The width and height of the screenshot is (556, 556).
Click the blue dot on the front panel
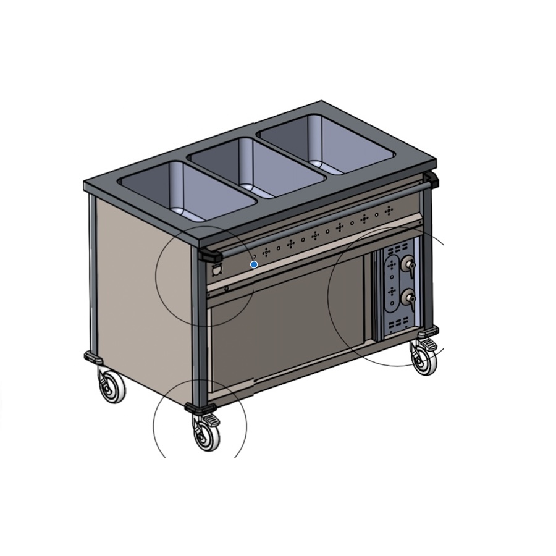click(x=254, y=264)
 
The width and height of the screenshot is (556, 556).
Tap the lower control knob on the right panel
click(x=407, y=300)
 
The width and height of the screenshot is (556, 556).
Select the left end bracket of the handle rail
click(x=210, y=255)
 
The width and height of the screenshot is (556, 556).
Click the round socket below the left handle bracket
click(x=217, y=270)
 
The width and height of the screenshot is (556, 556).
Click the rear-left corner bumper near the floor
click(x=93, y=357)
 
